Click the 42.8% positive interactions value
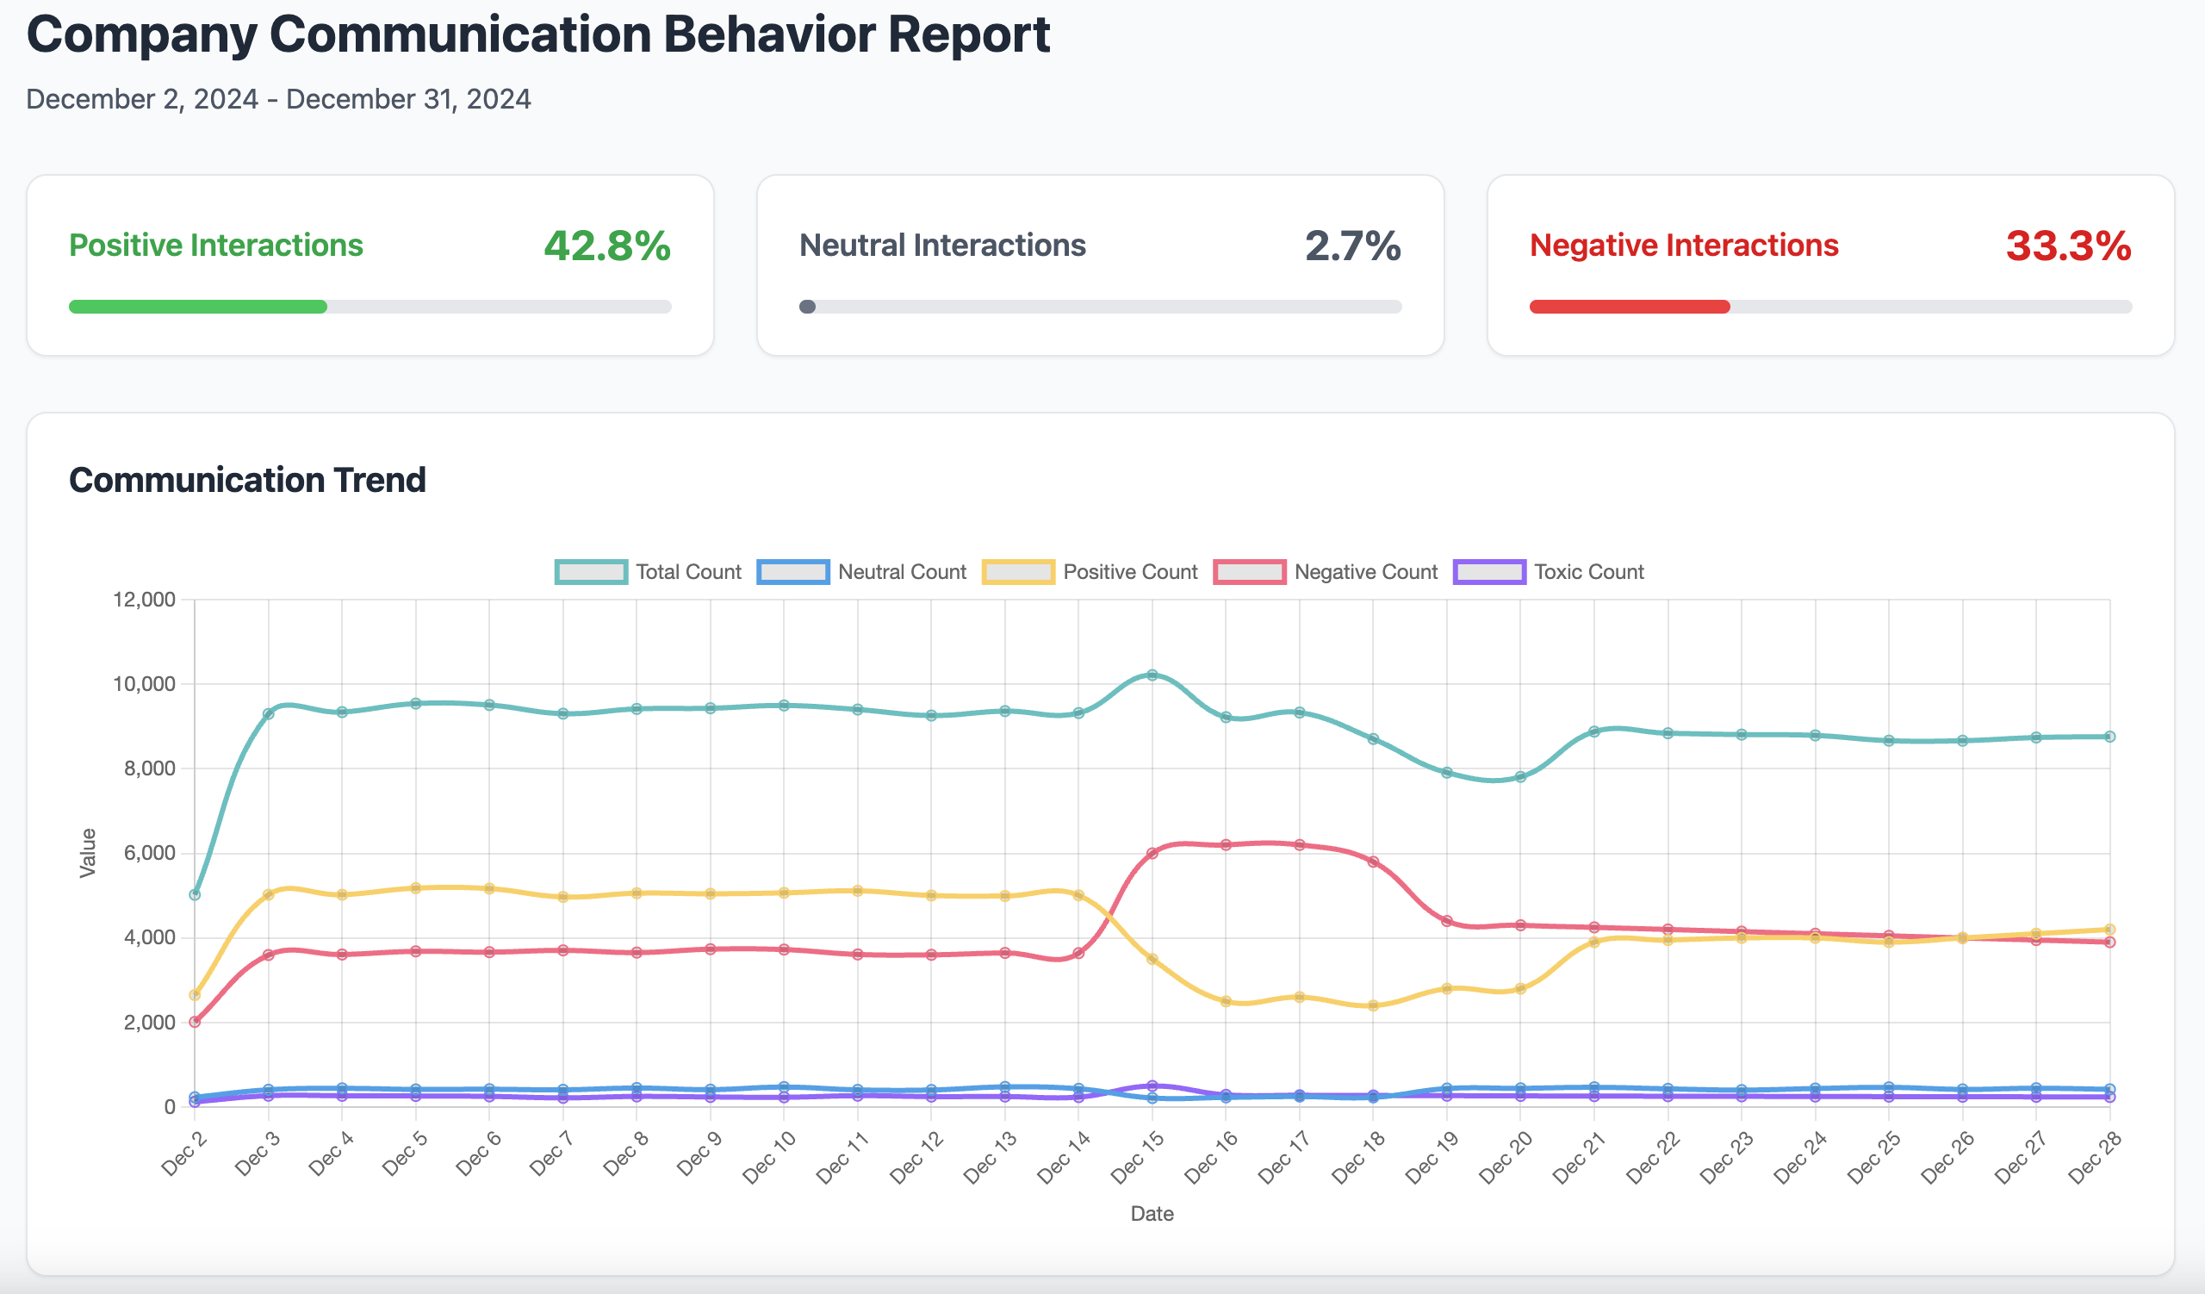coord(606,246)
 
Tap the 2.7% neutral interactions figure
coord(1352,246)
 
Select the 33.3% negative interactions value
coord(2068,246)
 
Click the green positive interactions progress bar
coord(198,307)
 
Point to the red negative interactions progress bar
coord(1629,307)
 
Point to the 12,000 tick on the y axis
coord(145,600)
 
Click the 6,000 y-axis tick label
coord(150,853)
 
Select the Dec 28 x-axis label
coord(2094,1158)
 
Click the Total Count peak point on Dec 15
coord(1152,675)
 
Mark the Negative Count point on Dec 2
coord(196,1022)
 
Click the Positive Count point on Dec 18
coord(1373,1006)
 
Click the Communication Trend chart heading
coord(247,481)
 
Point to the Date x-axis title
coord(1152,1214)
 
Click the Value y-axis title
coord(89,853)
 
